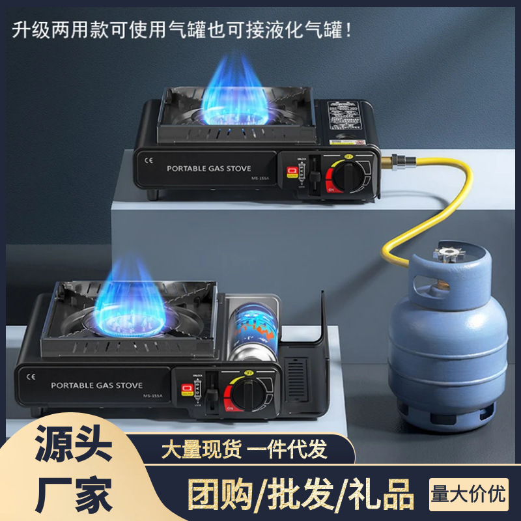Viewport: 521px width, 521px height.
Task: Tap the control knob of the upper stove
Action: click(x=350, y=175)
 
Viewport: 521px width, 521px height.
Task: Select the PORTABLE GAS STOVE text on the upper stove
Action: click(x=208, y=168)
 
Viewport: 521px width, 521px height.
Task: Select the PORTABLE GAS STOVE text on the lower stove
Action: click(x=96, y=386)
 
